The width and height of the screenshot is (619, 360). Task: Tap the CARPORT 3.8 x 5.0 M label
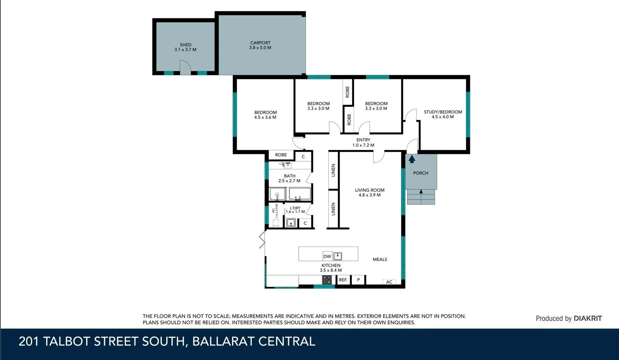click(x=260, y=45)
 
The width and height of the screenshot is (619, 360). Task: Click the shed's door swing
click(x=185, y=67)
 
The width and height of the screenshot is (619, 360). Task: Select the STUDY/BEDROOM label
click(x=443, y=112)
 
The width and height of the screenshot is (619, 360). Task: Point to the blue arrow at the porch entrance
click(x=412, y=159)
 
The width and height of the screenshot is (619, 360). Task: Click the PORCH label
click(x=420, y=173)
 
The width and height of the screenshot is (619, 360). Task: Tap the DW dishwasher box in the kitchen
click(x=327, y=256)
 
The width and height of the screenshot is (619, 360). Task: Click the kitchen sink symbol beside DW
click(x=338, y=256)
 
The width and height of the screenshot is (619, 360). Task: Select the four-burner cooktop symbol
click(x=327, y=280)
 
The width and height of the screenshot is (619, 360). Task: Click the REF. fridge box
click(x=343, y=280)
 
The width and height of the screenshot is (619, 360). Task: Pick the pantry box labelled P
click(x=358, y=280)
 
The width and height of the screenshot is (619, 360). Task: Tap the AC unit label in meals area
click(x=389, y=282)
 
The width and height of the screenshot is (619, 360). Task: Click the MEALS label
click(x=380, y=259)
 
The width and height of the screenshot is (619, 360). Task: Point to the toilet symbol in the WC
click(x=276, y=223)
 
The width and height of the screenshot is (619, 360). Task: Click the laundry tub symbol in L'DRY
click(x=291, y=222)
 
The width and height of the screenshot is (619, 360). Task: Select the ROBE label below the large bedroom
click(x=281, y=155)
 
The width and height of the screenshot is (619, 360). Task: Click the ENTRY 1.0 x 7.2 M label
click(x=363, y=143)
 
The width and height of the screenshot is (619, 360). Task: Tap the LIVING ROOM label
click(x=369, y=190)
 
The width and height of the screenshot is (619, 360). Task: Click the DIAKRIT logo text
click(x=588, y=318)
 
